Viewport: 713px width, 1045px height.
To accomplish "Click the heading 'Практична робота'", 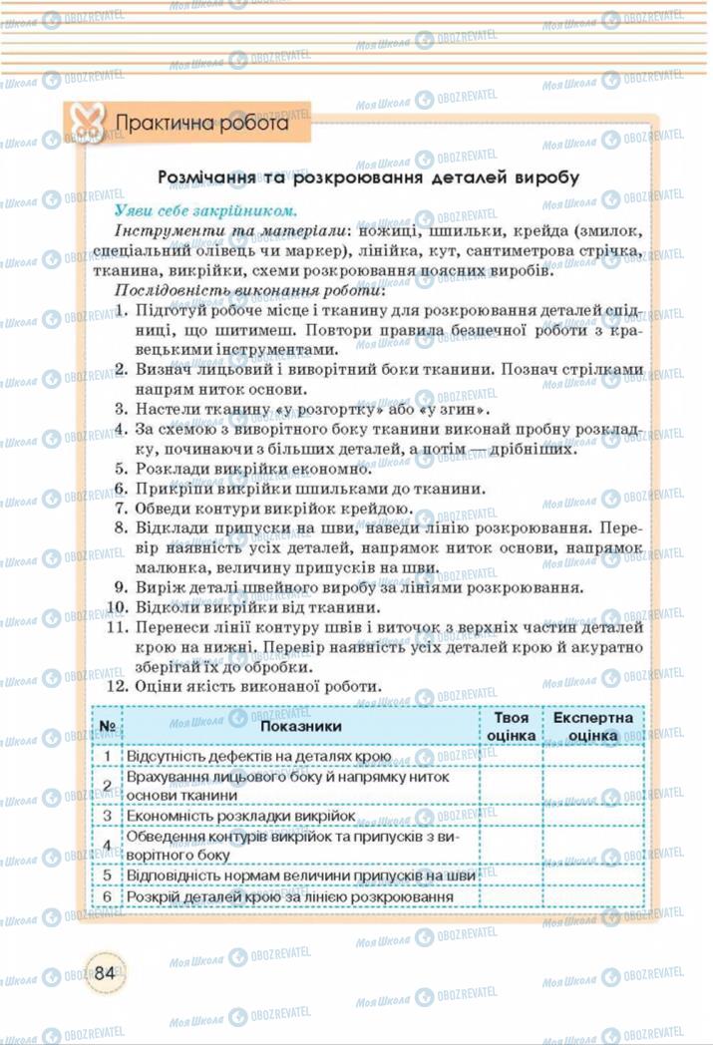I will tap(202, 125).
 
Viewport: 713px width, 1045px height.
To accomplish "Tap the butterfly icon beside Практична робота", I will tap(87, 125).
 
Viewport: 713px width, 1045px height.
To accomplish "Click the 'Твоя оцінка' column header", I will tap(512, 726).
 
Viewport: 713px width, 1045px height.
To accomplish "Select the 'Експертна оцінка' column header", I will tap(592, 726).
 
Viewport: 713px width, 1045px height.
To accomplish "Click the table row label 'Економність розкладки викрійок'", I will tap(241, 816).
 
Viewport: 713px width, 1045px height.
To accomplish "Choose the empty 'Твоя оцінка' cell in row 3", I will tap(512, 816).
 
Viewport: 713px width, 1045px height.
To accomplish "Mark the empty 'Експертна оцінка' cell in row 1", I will tap(592, 757).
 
